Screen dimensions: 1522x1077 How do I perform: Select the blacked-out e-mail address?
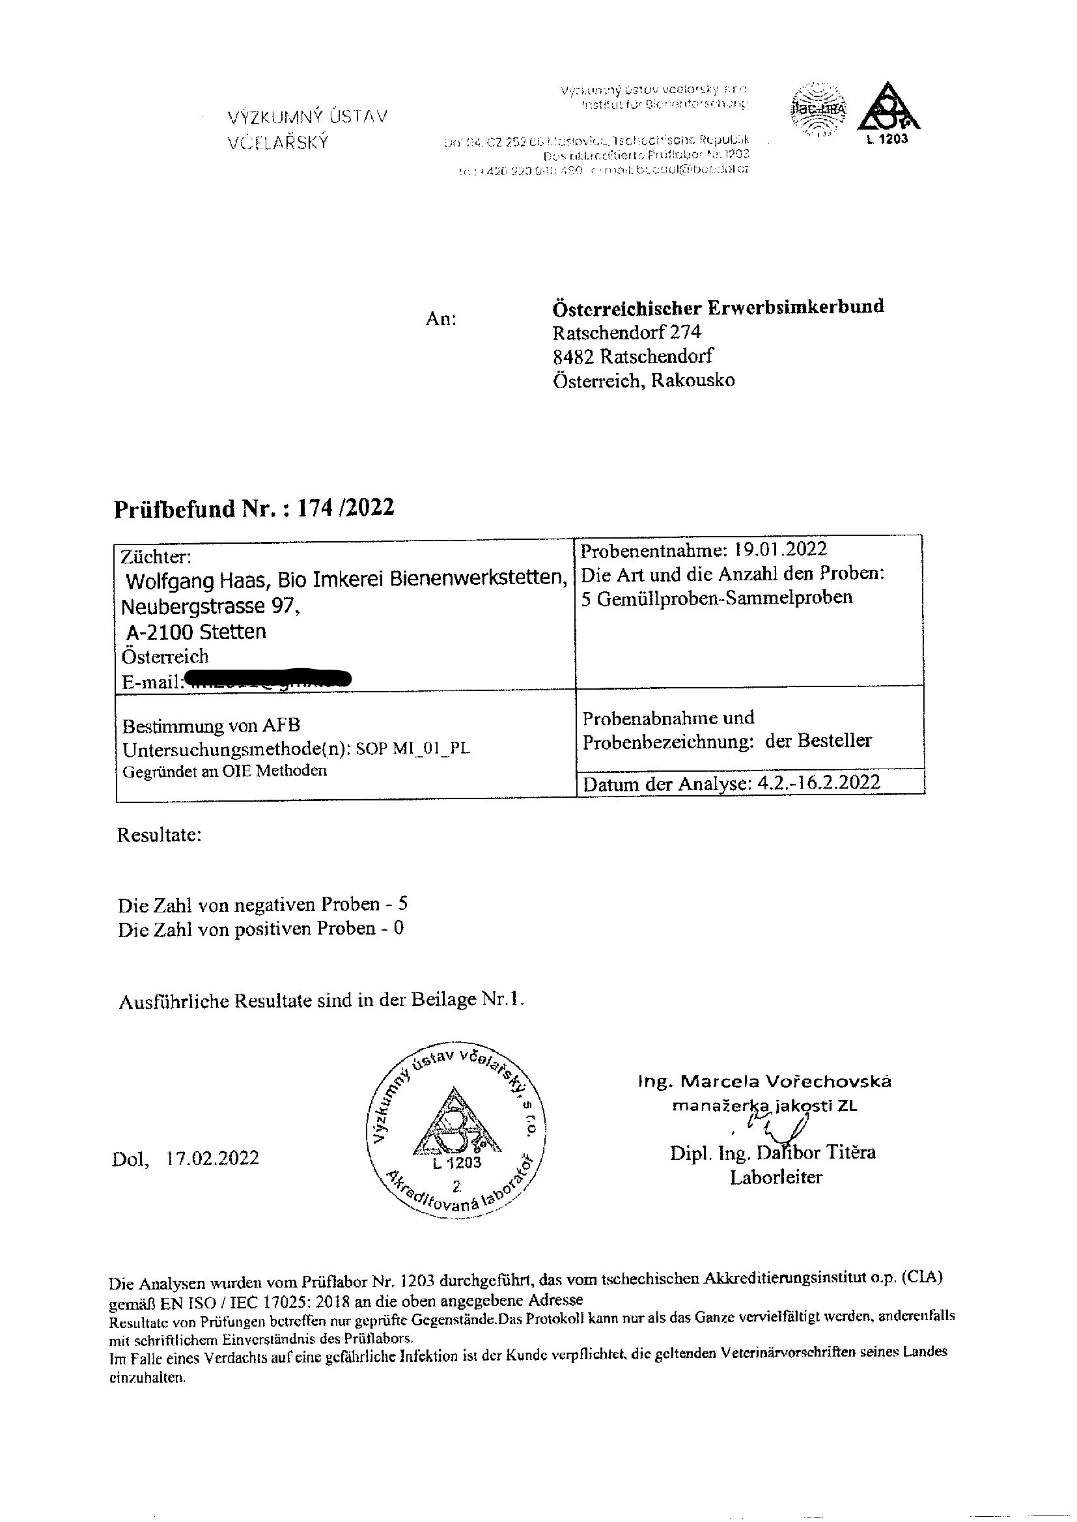268,679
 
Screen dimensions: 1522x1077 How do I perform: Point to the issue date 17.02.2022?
212,1158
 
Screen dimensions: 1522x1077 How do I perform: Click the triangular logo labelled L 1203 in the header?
889,109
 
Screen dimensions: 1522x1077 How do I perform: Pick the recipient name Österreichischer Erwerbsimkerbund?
718,307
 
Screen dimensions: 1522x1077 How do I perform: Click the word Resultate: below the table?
159,834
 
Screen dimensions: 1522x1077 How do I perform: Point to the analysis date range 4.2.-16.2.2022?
818,783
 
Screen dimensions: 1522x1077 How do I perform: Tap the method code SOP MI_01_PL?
413,750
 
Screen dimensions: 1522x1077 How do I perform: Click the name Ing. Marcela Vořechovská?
764,1082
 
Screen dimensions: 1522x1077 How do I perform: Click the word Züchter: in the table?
156,556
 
